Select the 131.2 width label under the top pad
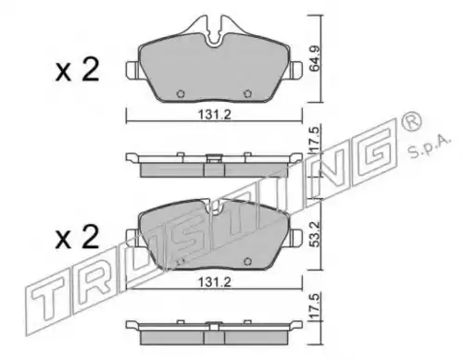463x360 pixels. (x=215, y=115)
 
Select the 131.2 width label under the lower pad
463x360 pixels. (x=215, y=282)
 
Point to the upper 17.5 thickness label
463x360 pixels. (x=315, y=140)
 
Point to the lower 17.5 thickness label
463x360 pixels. (x=315, y=307)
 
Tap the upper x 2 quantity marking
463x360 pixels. (x=77, y=70)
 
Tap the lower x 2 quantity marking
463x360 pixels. (x=77, y=237)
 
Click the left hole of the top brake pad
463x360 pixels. (x=181, y=93)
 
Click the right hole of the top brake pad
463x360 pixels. (x=247, y=93)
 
